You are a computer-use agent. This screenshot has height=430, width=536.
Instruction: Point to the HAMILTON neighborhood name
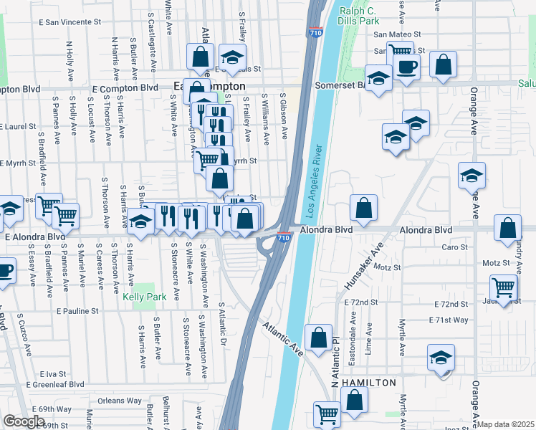click(368, 383)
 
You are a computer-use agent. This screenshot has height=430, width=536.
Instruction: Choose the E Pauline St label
click(75, 311)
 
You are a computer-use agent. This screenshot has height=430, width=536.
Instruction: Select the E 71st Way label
click(449, 320)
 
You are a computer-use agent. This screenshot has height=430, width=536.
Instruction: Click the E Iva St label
click(53, 373)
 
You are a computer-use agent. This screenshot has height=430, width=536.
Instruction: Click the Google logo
click(24, 421)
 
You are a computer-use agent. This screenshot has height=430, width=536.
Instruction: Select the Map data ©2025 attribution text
click(506, 424)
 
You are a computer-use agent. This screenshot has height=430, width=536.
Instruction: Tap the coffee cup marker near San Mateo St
click(407, 67)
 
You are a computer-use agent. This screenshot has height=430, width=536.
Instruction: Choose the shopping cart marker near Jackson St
click(504, 287)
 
